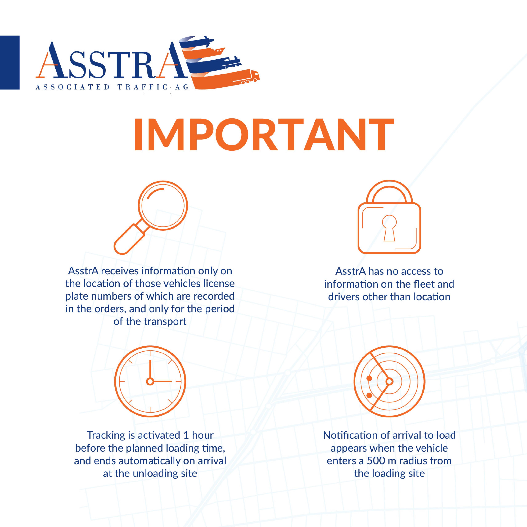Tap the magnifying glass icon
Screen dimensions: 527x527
coord(151,217)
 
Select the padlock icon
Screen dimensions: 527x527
coord(389,217)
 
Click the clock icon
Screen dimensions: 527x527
coord(150,381)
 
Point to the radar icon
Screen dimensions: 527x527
coord(389,381)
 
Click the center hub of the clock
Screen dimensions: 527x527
coord(150,381)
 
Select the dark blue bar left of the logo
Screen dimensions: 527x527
coord(10,62)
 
